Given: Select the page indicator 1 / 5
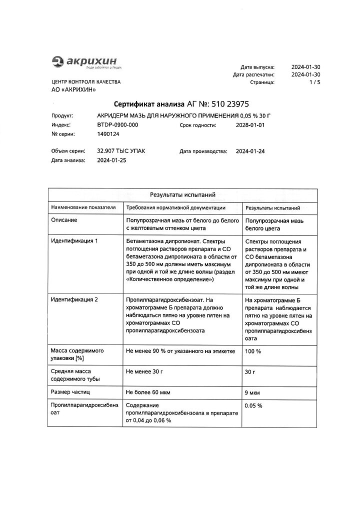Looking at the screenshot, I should pos(314,83).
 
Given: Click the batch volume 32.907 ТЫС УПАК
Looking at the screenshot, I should pos(121,151).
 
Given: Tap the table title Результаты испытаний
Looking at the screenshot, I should pos(182,194).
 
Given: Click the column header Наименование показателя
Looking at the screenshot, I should pos(83,207).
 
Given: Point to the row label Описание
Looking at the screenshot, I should pos(64,220).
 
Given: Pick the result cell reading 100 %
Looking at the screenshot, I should pos(253,351).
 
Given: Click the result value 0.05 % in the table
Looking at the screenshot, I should pos(254,405).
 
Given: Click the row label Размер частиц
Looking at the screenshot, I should pos(70,392).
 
